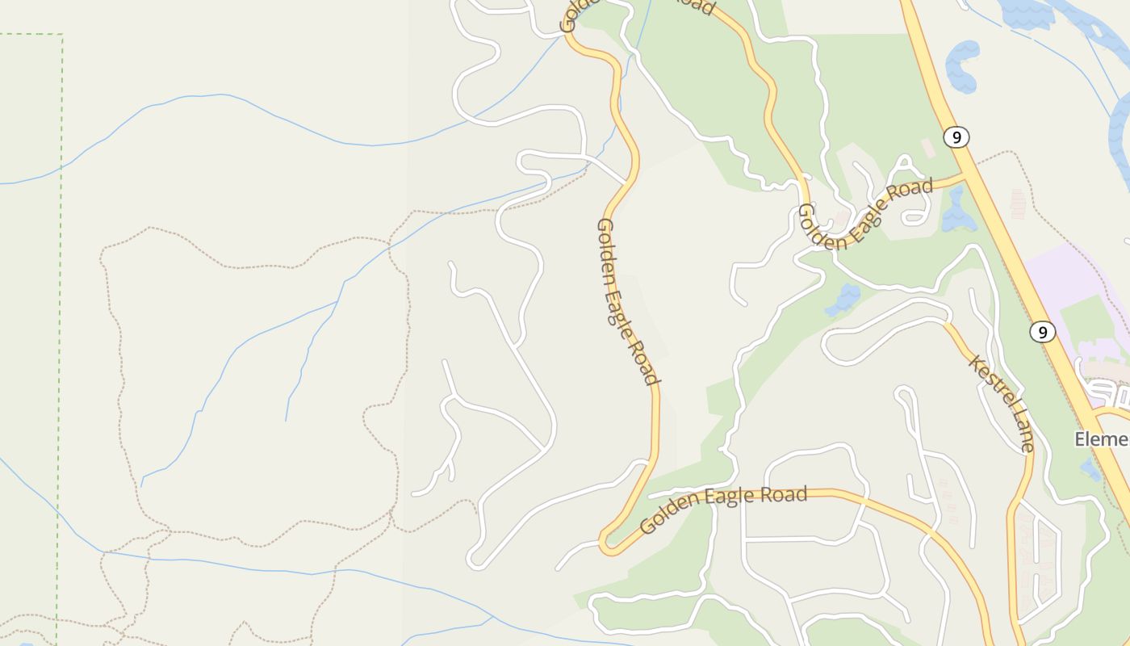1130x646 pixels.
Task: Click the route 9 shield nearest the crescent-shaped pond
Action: point(956,137)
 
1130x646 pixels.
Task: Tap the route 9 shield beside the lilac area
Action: point(1043,332)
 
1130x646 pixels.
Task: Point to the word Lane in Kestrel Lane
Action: point(1023,434)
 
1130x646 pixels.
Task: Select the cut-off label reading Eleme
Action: point(1103,438)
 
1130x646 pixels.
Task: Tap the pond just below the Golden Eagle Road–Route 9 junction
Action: point(958,212)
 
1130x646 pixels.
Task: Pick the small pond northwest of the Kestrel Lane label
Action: point(843,300)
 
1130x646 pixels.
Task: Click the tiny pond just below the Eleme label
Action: point(1091,468)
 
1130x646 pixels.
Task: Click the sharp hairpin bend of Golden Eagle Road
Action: point(605,546)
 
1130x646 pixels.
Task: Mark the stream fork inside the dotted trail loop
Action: point(336,302)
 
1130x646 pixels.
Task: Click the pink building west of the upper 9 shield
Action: point(928,148)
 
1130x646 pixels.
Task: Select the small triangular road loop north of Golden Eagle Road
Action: point(905,166)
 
